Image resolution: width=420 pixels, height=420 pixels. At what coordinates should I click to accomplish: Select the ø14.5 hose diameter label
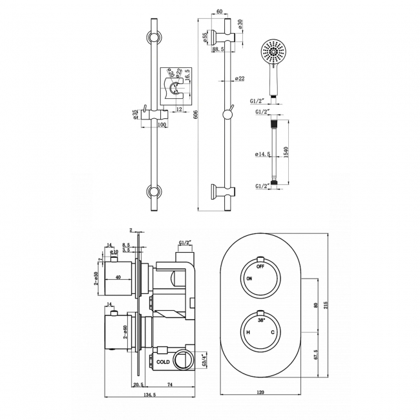point(263,154)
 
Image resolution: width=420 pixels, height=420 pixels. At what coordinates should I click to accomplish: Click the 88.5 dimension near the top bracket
point(218,48)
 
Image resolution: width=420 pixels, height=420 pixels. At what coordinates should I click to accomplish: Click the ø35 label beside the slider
point(134,114)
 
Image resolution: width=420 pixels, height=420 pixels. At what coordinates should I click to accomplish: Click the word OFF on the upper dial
point(260,266)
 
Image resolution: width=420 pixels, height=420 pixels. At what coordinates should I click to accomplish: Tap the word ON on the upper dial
point(249,278)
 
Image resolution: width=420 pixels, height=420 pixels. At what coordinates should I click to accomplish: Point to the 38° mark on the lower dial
point(260,319)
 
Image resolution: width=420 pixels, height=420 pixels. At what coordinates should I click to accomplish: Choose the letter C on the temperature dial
point(273,332)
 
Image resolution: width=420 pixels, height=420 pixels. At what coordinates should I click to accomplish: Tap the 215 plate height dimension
point(334,304)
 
